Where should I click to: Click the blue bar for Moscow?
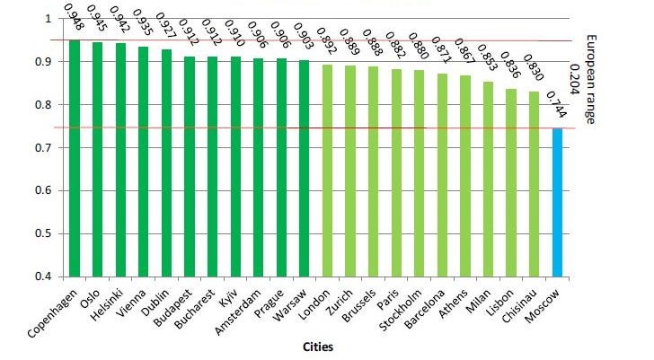557,202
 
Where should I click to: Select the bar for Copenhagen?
75,158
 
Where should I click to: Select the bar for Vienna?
143,162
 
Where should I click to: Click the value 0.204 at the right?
575,80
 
